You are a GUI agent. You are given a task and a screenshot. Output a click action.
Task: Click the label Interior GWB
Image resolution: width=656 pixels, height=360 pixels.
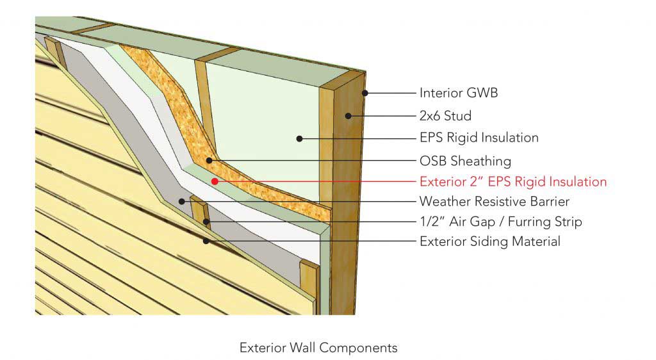point(458,93)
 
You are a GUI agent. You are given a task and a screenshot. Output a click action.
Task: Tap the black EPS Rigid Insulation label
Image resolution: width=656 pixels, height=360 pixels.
point(479,138)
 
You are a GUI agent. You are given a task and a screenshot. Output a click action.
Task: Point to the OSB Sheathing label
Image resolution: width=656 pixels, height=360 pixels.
point(465,160)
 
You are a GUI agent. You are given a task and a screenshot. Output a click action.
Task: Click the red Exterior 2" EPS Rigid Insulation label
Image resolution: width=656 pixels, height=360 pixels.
point(512,182)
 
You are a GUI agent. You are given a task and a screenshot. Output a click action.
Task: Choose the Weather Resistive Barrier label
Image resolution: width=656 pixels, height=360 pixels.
point(494,202)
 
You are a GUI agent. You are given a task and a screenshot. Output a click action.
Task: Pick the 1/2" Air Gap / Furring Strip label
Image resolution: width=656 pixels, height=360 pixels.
point(500,222)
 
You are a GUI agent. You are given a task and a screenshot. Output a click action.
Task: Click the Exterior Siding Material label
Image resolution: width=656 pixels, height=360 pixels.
point(489,241)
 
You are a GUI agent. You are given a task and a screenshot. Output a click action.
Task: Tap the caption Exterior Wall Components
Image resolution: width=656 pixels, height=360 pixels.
point(318,348)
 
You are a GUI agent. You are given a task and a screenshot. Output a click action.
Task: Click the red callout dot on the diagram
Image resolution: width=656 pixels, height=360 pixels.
point(215,181)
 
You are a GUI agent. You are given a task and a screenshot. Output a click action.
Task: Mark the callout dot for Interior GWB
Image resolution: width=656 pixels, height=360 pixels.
point(364,93)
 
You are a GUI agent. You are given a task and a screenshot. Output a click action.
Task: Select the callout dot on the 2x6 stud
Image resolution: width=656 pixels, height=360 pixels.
point(348,116)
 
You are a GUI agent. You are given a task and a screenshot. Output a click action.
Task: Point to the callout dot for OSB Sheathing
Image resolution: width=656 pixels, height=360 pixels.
point(209,160)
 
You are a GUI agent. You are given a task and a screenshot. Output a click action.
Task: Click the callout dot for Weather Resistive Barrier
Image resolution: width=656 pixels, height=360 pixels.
point(182,202)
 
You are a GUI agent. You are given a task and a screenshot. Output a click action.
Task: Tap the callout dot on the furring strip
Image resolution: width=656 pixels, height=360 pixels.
point(206,222)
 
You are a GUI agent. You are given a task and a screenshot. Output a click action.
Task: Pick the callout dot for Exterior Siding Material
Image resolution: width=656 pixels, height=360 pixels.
point(206,241)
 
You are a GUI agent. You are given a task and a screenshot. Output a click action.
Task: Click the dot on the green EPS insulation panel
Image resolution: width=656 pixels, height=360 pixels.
point(299,138)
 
